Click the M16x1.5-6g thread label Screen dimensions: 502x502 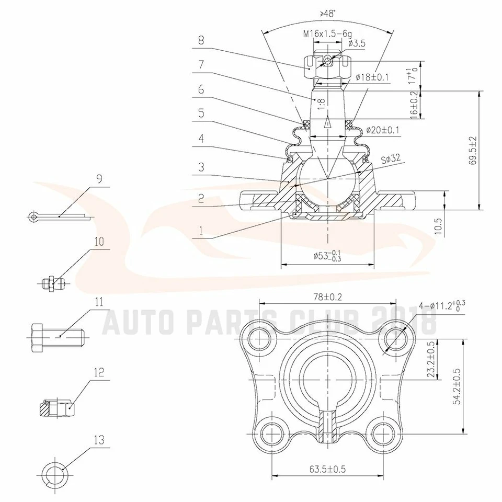327,34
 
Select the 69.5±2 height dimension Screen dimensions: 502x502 473,151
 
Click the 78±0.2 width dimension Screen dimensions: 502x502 327,297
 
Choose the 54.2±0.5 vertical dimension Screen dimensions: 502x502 457,385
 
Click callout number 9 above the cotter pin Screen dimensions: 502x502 99,178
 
